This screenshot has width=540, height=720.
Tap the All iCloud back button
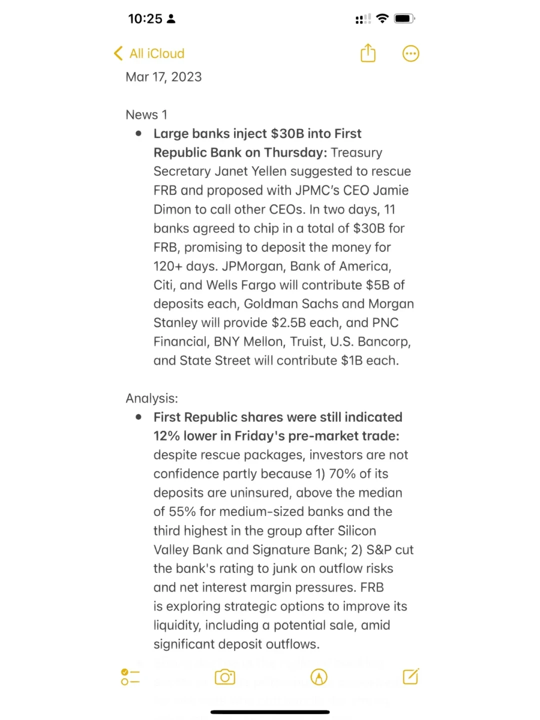(149, 53)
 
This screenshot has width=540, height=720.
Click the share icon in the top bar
(368, 53)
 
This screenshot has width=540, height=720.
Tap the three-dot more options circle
(410, 53)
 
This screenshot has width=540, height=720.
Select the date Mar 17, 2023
(163, 77)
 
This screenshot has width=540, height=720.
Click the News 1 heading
(146, 115)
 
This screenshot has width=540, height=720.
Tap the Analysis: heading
(151, 398)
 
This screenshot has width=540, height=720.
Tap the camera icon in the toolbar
(225, 677)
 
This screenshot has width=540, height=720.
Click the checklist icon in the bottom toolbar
(130, 677)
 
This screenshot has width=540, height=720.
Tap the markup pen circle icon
(319, 677)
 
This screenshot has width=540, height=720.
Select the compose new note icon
(410, 676)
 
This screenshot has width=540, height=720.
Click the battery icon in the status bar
(404, 19)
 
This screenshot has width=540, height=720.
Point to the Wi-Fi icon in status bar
(382, 19)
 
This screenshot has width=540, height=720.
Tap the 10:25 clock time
(145, 19)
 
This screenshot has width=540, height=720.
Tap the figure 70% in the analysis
(342, 474)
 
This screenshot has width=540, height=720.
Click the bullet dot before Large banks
(138, 133)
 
